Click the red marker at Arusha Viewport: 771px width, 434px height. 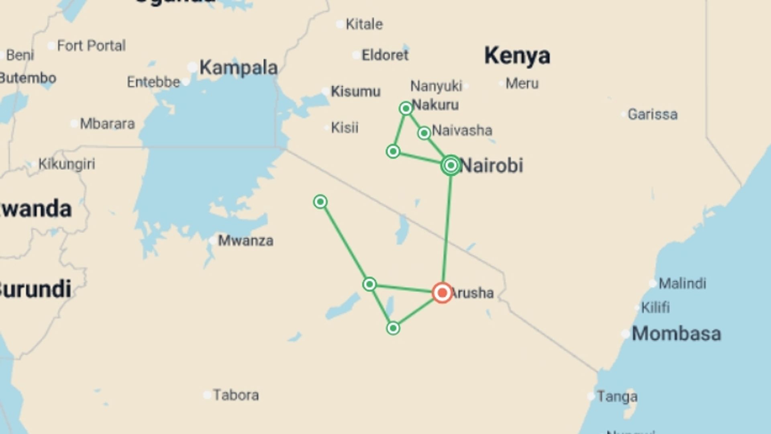[442, 293]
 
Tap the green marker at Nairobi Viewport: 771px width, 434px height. [451, 165]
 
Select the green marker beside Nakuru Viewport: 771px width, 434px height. [406, 108]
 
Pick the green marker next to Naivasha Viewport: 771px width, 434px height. [424, 133]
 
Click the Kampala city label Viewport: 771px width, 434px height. [239, 68]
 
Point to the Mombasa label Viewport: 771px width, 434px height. [676, 334]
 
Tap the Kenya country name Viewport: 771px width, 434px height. [517, 55]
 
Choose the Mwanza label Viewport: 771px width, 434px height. [245, 241]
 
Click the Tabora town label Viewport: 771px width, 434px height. [236, 395]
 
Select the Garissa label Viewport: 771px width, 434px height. [653, 115]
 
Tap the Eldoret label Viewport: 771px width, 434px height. [385, 55]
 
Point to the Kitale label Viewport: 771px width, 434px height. [364, 24]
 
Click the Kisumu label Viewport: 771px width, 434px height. [355, 92]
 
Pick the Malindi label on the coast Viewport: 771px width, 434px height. [682, 283]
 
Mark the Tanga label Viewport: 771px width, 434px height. [617, 397]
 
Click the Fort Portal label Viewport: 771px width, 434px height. [91, 46]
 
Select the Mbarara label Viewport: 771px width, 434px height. [107, 124]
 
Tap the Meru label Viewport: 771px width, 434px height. [522, 84]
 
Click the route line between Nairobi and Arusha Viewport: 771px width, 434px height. [447, 229]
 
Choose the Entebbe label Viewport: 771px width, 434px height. [153, 82]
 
